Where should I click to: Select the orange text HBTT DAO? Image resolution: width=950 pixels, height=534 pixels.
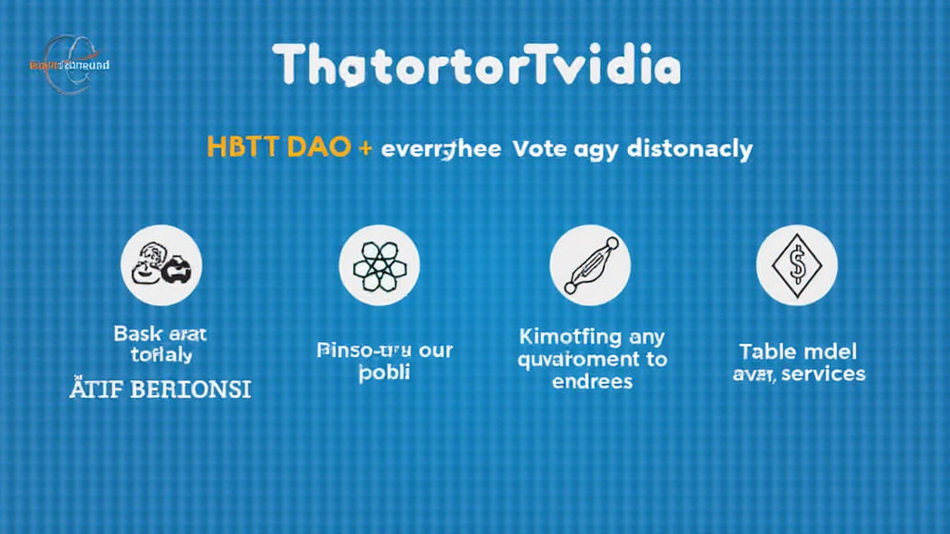click(277, 148)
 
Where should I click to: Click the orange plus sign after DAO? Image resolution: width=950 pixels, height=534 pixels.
click(366, 148)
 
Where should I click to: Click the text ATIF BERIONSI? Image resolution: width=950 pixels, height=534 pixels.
click(160, 388)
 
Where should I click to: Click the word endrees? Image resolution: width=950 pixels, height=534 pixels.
click(591, 381)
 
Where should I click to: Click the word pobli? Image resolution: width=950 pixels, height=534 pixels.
click(383, 373)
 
